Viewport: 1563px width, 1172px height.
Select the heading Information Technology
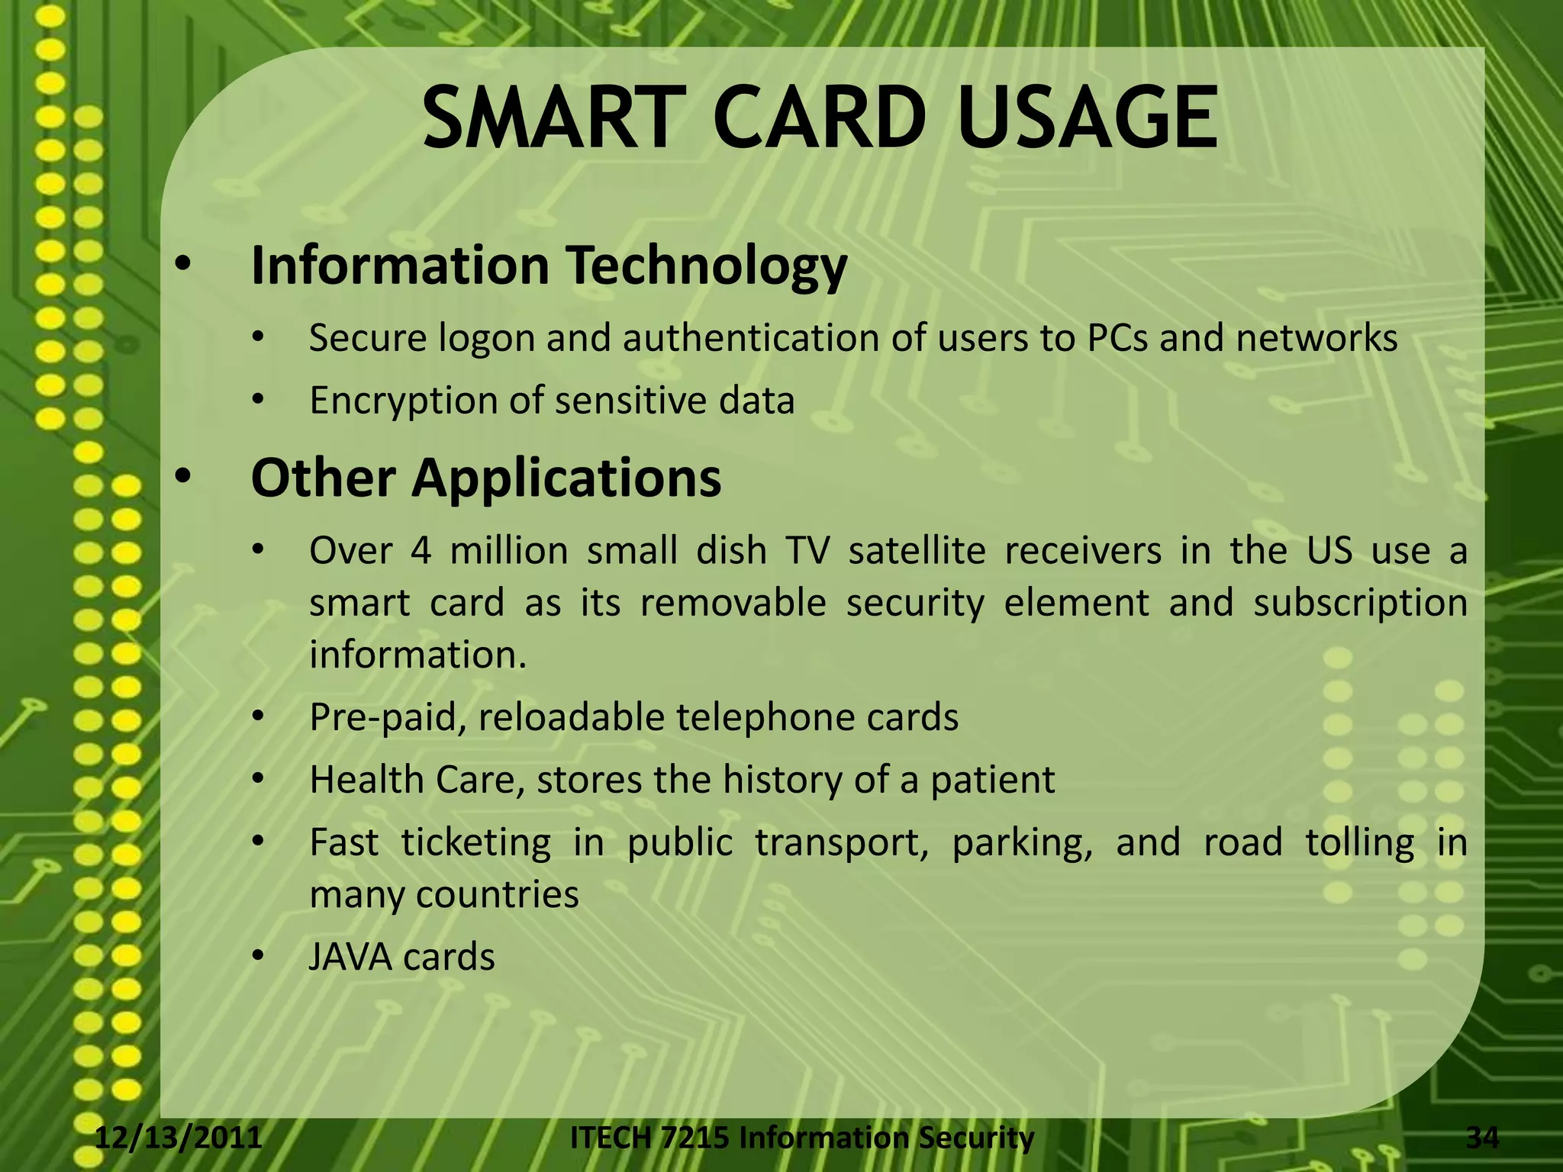coord(549,266)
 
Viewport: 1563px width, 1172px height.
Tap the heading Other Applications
coord(485,478)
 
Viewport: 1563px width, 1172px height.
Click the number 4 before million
coord(421,550)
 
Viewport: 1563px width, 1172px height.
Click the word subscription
coord(1360,603)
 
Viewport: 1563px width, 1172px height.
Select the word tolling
coord(1359,842)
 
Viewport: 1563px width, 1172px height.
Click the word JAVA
coord(349,958)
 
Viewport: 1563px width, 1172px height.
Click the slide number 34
coord(1482,1138)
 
